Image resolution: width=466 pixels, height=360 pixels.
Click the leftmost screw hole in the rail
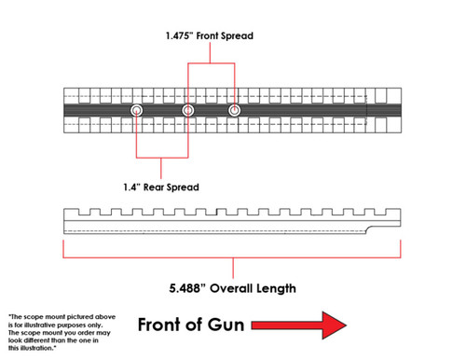(x=137, y=111)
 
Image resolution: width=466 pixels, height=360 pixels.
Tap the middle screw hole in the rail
(x=188, y=111)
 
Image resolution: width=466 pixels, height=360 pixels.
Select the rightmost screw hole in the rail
(x=234, y=111)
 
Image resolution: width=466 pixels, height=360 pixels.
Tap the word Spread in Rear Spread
(x=185, y=187)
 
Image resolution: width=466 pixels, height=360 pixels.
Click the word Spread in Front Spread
(x=237, y=36)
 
